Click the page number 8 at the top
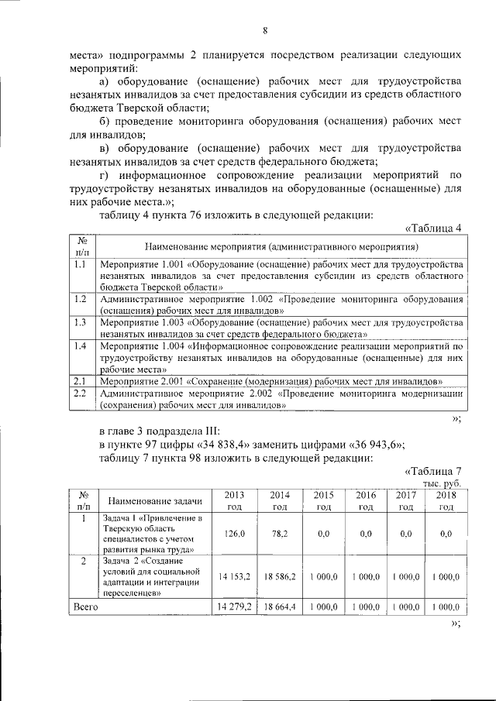coord(263,31)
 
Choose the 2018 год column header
coord(446,500)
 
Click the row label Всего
coord(85,608)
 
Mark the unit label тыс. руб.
coord(443,483)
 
